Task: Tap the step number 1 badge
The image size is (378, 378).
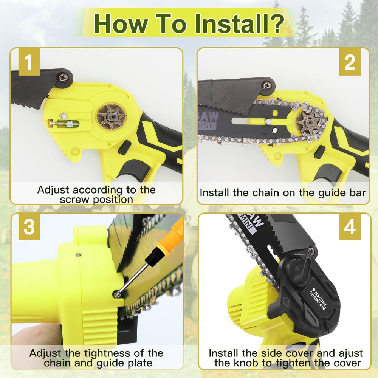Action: coord(29,63)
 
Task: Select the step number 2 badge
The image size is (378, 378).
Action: coord(350,63)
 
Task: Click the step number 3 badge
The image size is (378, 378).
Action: coord(29,228)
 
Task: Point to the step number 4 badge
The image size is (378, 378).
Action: coord(350,228)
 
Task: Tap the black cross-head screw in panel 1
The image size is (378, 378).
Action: coord(63,79)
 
